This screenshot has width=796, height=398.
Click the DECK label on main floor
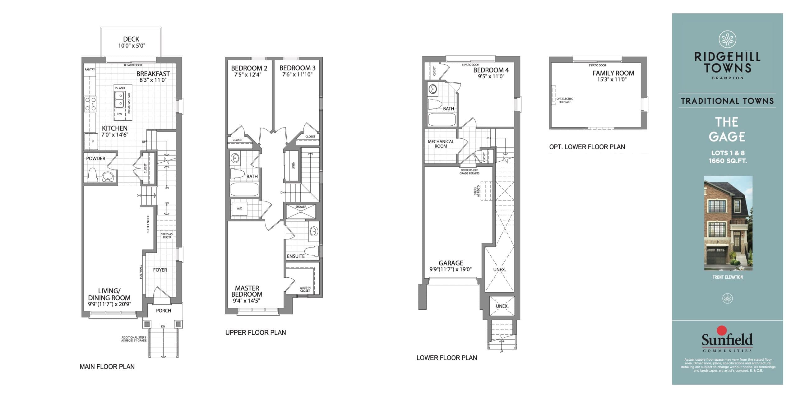131,39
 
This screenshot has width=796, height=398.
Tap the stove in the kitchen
90,104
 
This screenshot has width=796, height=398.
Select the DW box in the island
120,114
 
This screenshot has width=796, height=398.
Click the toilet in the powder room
92,175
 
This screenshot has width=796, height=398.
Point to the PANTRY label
90,69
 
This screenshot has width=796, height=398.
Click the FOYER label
160,270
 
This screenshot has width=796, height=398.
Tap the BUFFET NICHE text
148,224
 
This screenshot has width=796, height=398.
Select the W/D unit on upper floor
239,208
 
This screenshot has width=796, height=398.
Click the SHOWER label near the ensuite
301,207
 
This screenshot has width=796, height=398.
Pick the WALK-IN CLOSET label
305,289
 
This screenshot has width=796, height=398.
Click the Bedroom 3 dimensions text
297,75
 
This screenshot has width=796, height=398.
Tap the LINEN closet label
293,165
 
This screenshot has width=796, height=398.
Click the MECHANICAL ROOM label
441,144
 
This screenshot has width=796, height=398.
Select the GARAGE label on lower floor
451,263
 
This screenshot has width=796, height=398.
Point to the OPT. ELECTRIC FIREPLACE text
564,100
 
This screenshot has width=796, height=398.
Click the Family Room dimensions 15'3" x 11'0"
612,80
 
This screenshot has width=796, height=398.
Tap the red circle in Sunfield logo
721,331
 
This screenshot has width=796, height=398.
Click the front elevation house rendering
728,223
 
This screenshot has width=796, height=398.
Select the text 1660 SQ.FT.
728,161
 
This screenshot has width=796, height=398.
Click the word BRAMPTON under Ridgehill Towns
728,78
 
